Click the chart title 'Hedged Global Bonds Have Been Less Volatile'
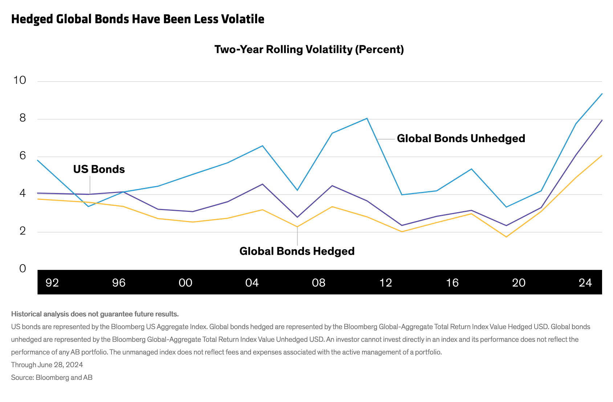(x=138, y=19)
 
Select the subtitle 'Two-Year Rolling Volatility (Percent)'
(x=309, y=49)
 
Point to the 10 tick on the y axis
(x=20, y=80)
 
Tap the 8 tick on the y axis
(x=23, y=118)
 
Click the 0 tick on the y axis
(x=23, y=268)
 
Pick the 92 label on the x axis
(x=52, y=283)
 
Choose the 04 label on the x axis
(x=252, y=283)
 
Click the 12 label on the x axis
(x=386, y=283)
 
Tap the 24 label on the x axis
(x=585, y=283)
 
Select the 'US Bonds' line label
(x=99, y=169)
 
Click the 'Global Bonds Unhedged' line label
(x=461, y=139)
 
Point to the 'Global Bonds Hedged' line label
(x=297, y=251)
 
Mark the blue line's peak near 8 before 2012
(x=367, y=118)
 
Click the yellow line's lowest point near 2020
(x=506, y=237)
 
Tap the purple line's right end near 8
(x=602, y=120)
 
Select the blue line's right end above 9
(x=602, y=94)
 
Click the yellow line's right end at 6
(x=602, y=156)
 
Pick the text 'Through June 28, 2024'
(x=47, y=365)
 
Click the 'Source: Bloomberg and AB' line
(x=52, y=377)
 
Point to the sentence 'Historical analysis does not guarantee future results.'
(x=95, y=314)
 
